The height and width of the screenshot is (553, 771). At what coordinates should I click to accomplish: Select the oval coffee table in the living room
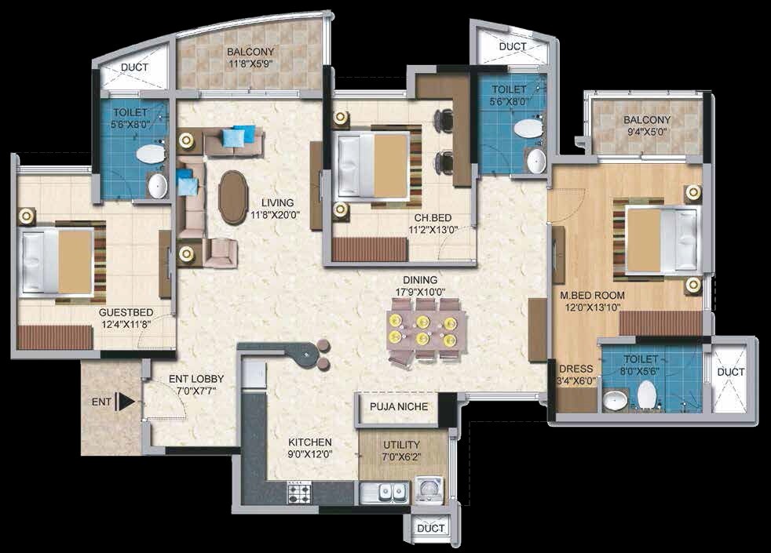[232, 197]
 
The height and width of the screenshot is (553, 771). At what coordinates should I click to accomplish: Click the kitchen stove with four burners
[300, 493]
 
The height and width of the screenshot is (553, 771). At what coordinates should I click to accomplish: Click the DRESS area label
[575, 369]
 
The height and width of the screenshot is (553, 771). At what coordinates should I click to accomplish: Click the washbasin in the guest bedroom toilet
[158, 186]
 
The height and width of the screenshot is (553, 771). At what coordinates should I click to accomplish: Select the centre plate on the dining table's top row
[423, 321]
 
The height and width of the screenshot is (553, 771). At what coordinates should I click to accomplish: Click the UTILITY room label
[401, 445]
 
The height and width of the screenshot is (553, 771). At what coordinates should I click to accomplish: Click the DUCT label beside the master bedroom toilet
[731, 371]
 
